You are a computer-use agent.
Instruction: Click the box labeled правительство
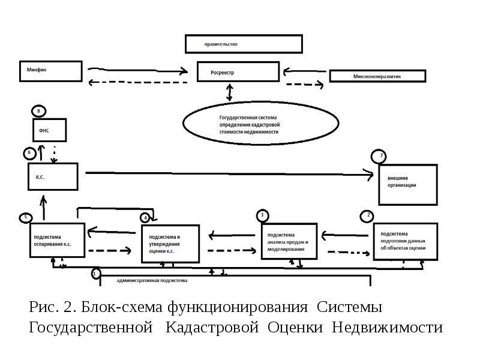pyautogui.click(x=243, y=44)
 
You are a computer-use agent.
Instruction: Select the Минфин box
pyautogui.click(x=50, y=71)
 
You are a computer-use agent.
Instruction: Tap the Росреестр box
pyautogui.click(x=238, y=72)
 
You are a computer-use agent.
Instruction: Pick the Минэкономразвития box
pyautogui.click(x=377, y=76)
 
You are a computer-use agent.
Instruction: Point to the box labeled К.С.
pyautogui.click(x=53, y=177)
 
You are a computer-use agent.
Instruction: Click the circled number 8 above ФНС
pyautogui.click(x=39, y=112)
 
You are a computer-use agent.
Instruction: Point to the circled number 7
pyautogui.click(x=380, y=157)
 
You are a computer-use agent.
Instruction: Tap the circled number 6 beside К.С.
pyautogui.click(x=30, y=153)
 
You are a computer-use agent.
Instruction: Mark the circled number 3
pyautogui.click(x=262, y=215)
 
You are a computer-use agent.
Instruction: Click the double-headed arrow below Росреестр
pyautogui.click(x=229, y=92)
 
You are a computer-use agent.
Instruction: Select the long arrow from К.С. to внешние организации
pyautogui.click(x=228, y=174)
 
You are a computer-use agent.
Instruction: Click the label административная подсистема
pyautogui.click(x=152, y=280)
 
